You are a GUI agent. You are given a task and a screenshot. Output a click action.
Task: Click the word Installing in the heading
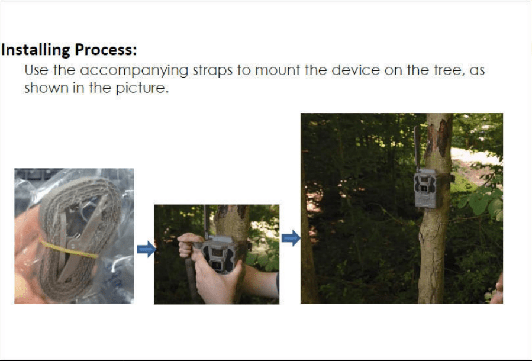pos(36,50)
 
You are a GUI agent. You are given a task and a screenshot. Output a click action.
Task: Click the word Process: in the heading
pos(106,50)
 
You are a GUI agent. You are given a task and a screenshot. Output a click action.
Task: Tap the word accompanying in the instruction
pos(134,71)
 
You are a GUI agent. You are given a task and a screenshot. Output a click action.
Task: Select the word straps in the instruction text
pos(212,71)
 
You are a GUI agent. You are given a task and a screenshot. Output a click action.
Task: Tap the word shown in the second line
pos(46,88)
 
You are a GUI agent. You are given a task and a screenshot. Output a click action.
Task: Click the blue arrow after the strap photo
pos(146,249)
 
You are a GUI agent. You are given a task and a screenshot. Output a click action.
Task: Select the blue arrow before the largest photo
pos(291,238)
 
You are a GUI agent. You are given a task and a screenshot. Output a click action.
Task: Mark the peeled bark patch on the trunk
pos(439,136)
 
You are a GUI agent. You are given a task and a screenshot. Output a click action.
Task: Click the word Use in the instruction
pos(37,70)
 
